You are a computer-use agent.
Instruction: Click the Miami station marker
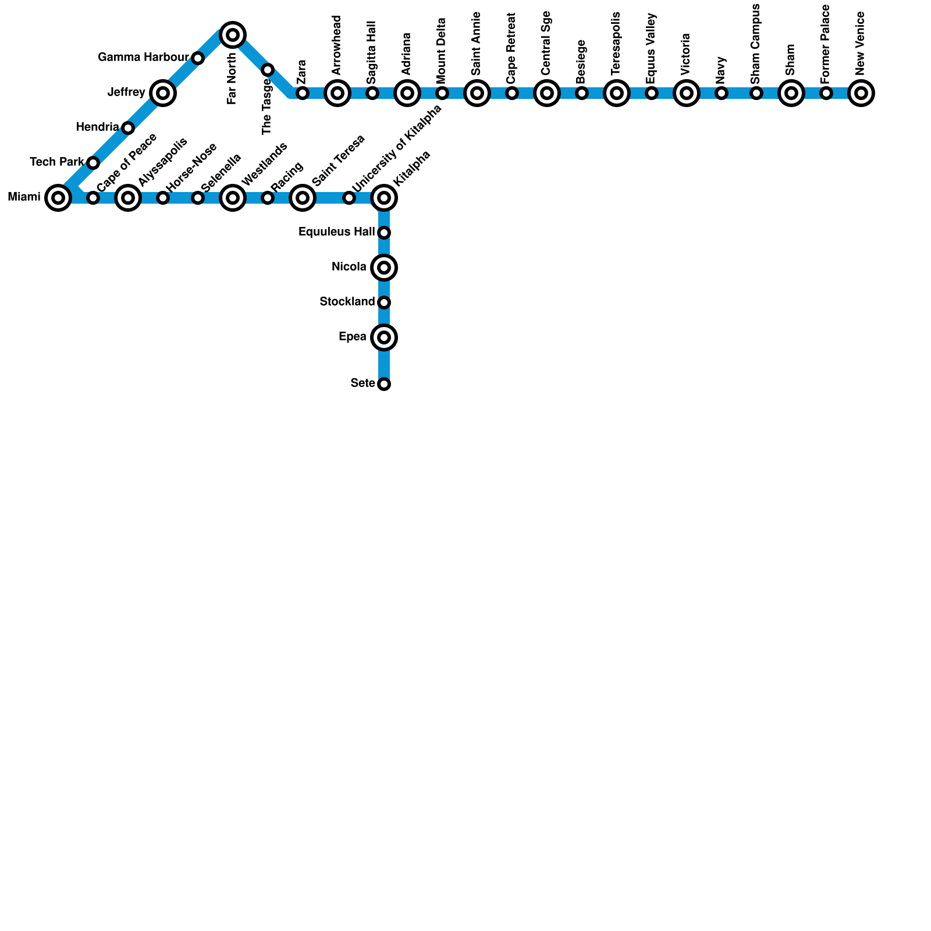point(58,198)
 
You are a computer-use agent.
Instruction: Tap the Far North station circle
point(233,35)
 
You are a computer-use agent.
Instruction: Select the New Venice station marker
point(861,93)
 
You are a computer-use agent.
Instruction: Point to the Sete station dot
point(384,384)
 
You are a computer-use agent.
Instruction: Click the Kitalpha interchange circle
point(384,198)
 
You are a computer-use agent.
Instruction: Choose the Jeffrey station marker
point(163,93)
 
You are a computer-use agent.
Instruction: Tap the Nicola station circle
point(384,268)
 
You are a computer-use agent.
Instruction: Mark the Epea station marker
point(384,337)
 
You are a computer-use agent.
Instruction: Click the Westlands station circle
point(233,198)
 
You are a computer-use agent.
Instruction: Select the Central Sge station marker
point(547,93)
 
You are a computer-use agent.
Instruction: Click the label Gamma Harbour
point(143,58)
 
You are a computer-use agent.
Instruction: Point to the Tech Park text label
point(57,162)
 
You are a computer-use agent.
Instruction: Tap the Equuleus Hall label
point(336,232)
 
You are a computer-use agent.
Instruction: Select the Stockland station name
point(347,302)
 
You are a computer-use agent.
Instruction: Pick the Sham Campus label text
point(756,44)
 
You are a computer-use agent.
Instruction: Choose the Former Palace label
point(826,44)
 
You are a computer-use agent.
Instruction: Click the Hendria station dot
point(128,128)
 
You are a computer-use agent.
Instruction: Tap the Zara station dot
point(303,93)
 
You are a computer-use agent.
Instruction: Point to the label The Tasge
point(267,106)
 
